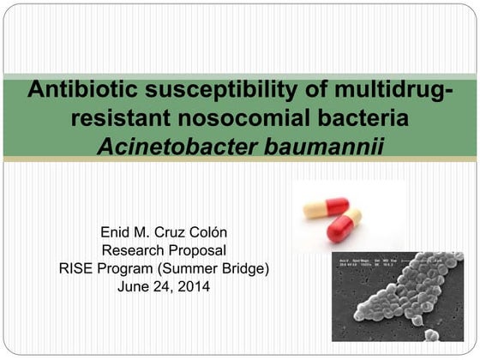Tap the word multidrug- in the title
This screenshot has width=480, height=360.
point(377,90)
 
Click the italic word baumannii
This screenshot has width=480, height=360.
point(322,149)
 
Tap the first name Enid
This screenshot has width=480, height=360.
point(117,232)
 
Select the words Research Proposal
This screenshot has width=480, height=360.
point(165,250)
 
